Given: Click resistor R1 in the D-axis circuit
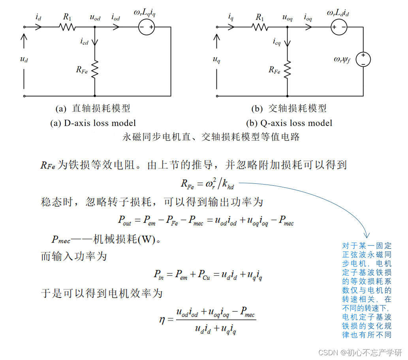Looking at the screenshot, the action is [x=67, y=27].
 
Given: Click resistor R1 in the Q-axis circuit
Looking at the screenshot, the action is [x=260, y=27].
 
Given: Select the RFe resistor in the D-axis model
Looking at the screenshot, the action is [x=95, y=69].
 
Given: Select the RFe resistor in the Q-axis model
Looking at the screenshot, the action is [x=287, y=69].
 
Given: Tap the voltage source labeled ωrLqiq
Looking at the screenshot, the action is [x=146, y=27].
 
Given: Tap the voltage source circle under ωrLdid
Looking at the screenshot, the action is [x=338, y=27].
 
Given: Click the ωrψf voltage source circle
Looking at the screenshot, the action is [x=363, y=60].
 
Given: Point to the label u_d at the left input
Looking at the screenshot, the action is [x=24, y=59].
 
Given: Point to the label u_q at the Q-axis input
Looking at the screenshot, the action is [x=216, y=59].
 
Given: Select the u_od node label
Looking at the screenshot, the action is [x=95, y=18].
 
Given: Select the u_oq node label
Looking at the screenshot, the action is [x=287, y=18].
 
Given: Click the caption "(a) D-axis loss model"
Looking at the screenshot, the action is [x=93, y=123].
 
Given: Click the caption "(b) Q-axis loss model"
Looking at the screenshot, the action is [x=289, y=123].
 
